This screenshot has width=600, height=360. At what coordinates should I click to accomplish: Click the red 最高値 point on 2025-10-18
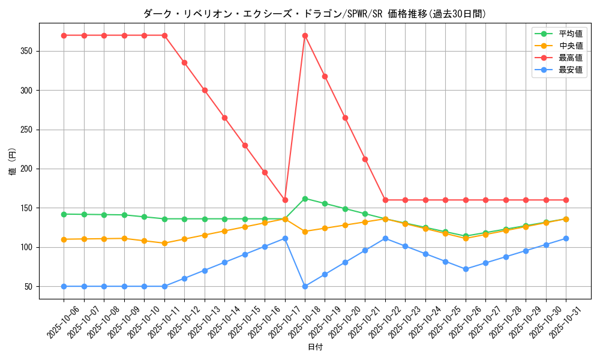pyautogui.click(x=305, y=35)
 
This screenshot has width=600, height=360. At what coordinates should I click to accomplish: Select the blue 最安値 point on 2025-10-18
pyautogui.click(x=305, y=286)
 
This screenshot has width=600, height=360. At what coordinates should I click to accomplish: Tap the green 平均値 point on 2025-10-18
pyautogui.click(x=305, y=199)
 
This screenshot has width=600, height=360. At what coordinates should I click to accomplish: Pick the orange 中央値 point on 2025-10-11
pyautogui.click(x=164, y=243)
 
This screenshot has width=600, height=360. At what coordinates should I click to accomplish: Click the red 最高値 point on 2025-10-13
pyautogui.click(x=205, y=90)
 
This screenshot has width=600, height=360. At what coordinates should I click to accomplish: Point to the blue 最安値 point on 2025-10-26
pyautogui.click(x=466, y=269)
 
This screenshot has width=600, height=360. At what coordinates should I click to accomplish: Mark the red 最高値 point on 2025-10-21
pyautogui.click(x=365, y=159)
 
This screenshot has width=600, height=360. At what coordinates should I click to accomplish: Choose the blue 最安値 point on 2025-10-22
pyautogui.click(x=385, y=238)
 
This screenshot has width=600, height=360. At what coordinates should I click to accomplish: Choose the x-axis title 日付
pyautogui.click(x=315, y=347)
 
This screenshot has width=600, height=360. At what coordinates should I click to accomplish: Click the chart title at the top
pyautogui.click(x=315, y=13)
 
